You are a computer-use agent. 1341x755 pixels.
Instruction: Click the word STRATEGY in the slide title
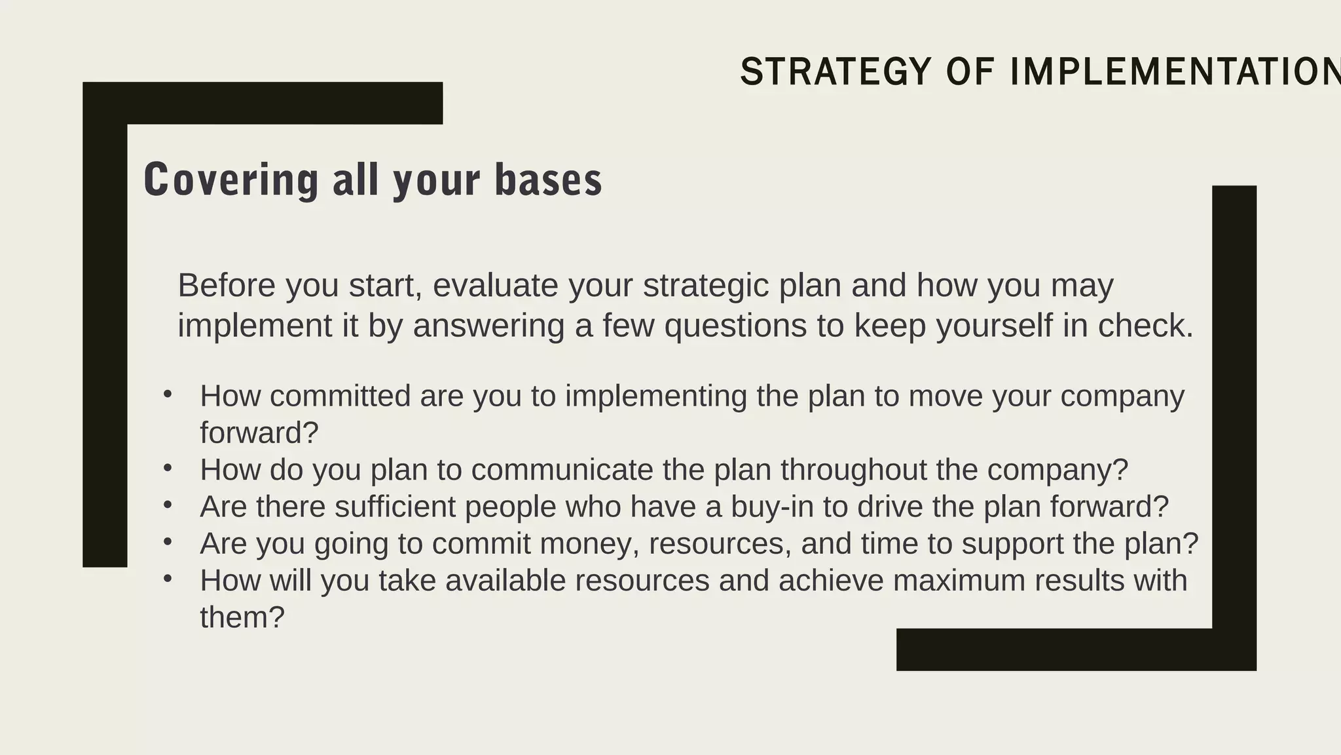point(836,72)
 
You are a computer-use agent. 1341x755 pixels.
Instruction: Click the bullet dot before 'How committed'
point(168,395)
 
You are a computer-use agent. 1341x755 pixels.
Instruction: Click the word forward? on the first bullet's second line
point(259,433)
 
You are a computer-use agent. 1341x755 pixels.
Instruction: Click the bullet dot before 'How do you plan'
point(168,468)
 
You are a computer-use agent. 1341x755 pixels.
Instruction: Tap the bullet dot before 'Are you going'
point(168,542)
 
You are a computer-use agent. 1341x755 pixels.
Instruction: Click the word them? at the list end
point(242,617)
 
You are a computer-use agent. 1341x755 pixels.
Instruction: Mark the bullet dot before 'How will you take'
point(168,579)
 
